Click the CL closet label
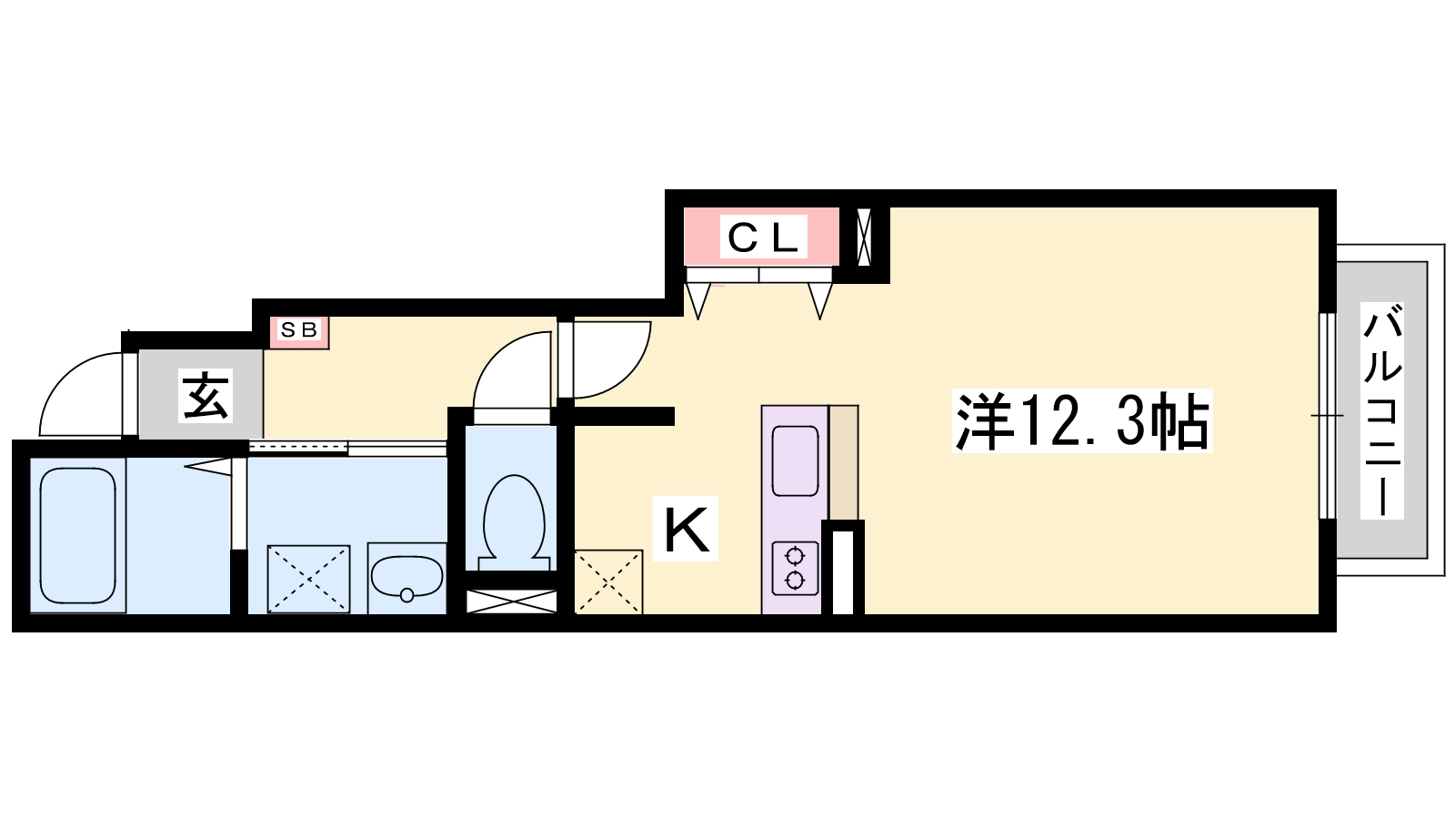pyautogui.click(x=763, y=238)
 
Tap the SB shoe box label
pyautogui.click(x=299, y=330)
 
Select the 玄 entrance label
pyautogui.click(x=206, y=396)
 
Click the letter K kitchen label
pyautogui.click(x=686, y=529)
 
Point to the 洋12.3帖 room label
pyautogui.click(x=1081, y=420)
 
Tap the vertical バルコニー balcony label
pyautogui.click(x=1382, y=410)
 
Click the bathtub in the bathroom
pyautogui.click(x=78, y=536)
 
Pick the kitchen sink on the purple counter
pyautogui.click(x=795, y=460)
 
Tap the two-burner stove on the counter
pyautogui.click(x=795, y=568)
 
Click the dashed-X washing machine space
pyautogui.click(x=308, y=579)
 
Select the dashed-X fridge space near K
pyautogui.click(x=608, y=582)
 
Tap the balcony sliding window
pyautogui.click(x=1327, y=416)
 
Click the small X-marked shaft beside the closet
pyautogui.click(x=864, y=237)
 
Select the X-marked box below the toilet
pyautogui.click(x=512, y=602)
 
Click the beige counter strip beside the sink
pyautogui.click(x=844, y=462)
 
